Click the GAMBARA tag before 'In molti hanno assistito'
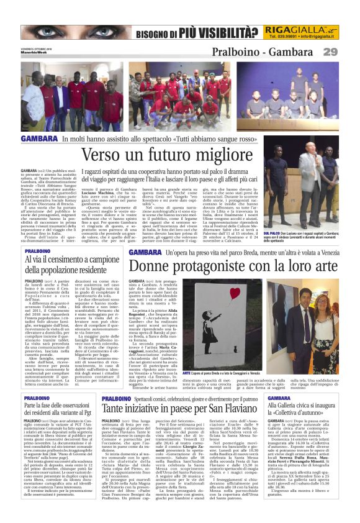(39, 139)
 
